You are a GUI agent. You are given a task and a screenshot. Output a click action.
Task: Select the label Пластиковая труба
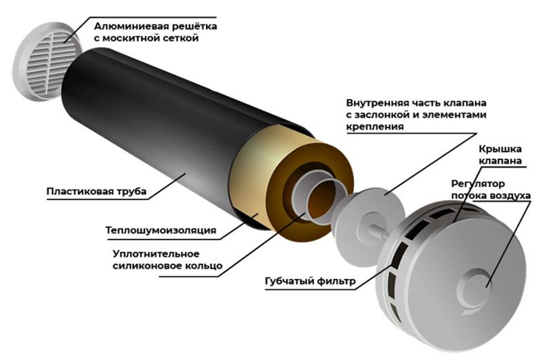(96, 191)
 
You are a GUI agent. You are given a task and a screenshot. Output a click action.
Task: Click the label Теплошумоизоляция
(161, 230)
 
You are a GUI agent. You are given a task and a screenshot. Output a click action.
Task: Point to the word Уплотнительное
(156, 253)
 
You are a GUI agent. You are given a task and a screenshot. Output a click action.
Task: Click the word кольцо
(203, 266)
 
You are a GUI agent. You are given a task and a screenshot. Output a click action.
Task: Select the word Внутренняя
(376, 103)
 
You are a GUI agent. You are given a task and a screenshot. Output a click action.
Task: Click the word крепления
(375, 127)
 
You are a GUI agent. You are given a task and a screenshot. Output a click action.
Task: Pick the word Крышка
(500, 149)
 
